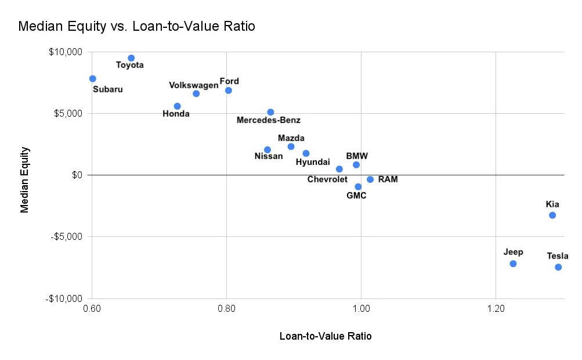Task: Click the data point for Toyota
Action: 131,58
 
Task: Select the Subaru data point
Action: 93,78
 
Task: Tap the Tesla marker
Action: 558,267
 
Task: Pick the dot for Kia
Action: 552,215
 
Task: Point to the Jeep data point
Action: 513,264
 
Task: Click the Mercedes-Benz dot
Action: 270,112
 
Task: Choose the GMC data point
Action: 358,187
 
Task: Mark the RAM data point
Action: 370,179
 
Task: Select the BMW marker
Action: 356,165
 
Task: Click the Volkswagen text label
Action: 194,85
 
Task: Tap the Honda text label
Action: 176,114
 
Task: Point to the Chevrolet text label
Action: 327,179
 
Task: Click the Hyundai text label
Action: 313,162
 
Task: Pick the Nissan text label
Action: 269,156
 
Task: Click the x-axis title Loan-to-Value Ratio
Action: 326,336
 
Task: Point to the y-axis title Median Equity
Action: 25,179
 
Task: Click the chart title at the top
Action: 137,26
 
